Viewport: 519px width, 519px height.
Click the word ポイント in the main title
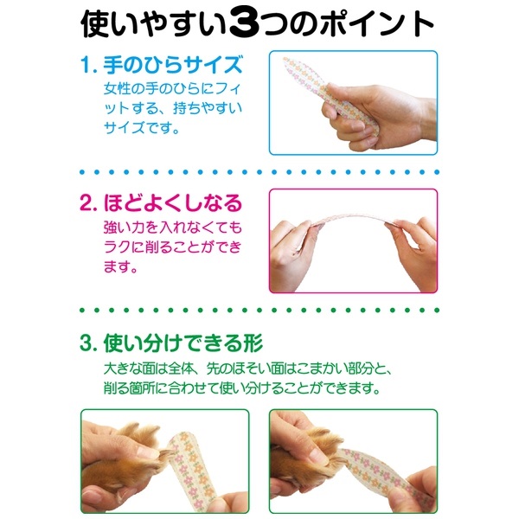(375, 24)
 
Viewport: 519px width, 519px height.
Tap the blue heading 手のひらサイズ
(173, 65)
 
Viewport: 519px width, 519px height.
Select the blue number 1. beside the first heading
(89, 65)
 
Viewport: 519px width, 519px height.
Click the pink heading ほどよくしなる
(173, 203)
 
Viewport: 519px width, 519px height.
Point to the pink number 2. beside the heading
(89, 203)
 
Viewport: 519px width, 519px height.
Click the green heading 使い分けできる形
(183, 343)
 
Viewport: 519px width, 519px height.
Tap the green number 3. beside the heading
(89, 343)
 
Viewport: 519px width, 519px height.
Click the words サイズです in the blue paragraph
(138, 127)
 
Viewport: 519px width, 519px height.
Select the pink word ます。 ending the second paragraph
(120, 266)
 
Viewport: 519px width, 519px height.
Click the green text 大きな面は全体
(148, 368)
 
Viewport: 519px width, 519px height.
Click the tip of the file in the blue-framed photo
(285, 59)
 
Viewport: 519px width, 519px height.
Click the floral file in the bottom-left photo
(190, 470)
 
